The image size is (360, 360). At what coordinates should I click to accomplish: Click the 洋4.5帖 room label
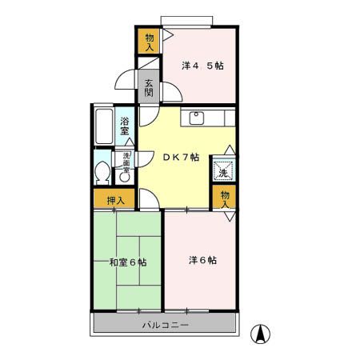(202, 65)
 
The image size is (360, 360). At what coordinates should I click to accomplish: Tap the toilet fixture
(102, 173)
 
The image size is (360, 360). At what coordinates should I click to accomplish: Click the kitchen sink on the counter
(197, 119)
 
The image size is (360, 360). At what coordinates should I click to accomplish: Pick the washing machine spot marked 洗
(223, 170)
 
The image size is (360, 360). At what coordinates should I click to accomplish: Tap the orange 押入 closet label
(115, 199)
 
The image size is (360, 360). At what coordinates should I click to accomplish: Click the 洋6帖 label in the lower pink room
(203, 260)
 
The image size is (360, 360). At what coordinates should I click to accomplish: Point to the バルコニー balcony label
(166, 326)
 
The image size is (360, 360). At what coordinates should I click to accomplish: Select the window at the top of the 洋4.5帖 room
(187, 20)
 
